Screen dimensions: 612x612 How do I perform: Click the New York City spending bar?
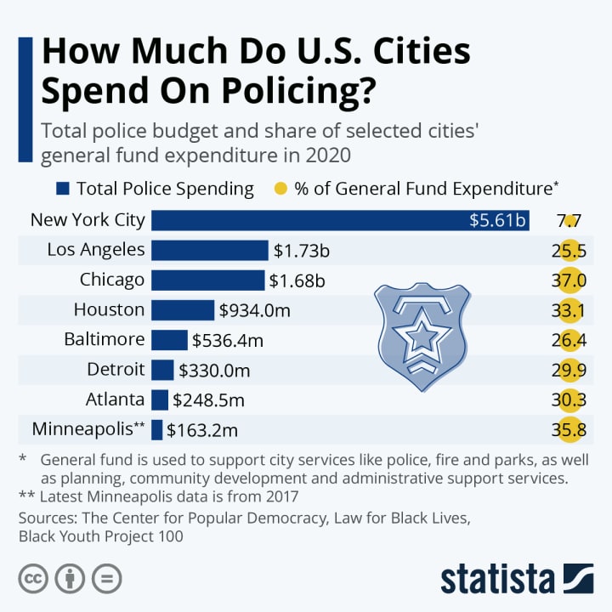340,220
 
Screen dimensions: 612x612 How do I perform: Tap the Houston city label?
109,309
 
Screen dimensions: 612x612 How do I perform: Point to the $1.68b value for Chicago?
297,280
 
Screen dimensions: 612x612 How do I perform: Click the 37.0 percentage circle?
569,280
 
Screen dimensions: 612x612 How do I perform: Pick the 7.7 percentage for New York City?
569,221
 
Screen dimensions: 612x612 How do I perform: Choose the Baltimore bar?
169,340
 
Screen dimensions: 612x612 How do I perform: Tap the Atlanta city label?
115,399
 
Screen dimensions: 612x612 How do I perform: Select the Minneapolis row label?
88,428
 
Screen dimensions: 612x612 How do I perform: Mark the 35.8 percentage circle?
569,430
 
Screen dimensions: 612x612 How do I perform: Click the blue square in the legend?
62,189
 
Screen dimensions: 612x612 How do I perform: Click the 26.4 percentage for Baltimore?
569,340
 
